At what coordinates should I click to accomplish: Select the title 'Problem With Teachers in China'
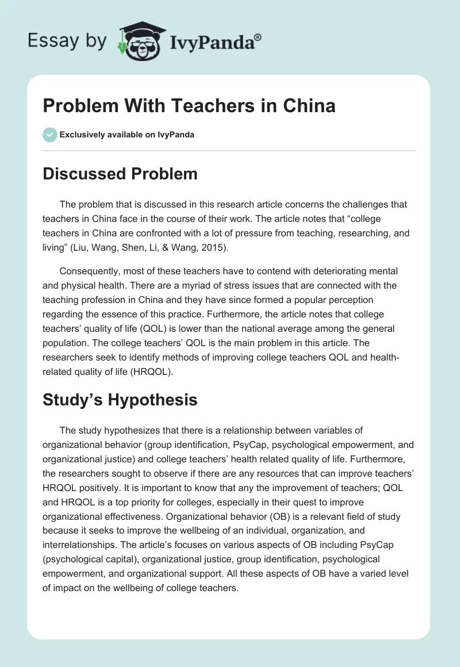click(x=189, y=106)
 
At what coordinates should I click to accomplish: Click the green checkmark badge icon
click(x=49, y=135)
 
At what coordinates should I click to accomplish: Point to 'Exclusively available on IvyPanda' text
click(x=126, y=135)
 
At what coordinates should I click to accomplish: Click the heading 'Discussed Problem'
click(x=120, y=174)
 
